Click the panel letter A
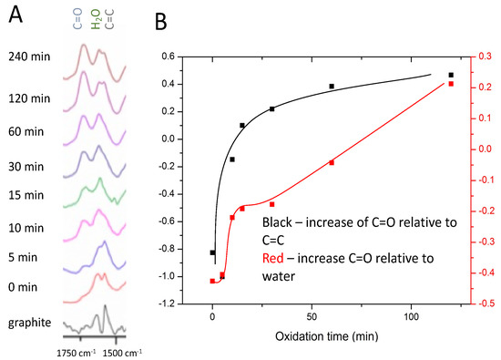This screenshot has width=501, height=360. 14,15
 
